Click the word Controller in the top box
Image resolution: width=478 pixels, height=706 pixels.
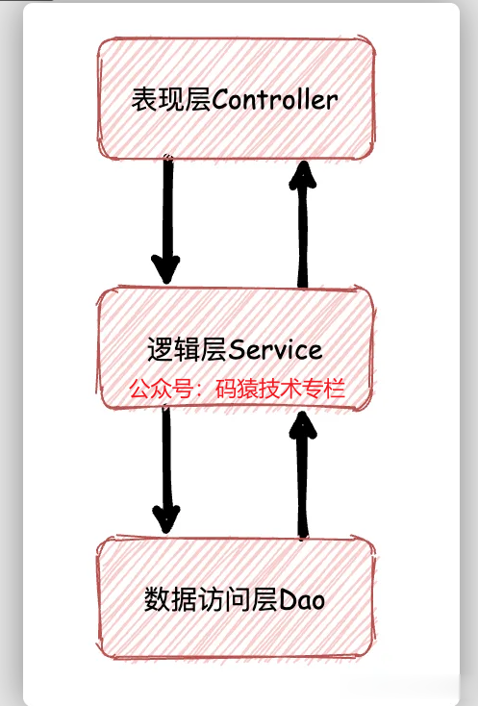click(274, 99)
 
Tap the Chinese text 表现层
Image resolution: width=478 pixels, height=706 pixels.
click(171, 99)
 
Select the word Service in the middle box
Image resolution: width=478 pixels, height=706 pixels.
click(275, 350)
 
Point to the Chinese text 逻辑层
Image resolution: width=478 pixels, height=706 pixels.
click(188, 350)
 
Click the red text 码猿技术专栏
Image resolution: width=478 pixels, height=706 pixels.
click(280, 389)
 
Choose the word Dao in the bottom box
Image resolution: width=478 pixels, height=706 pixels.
click(302, 600)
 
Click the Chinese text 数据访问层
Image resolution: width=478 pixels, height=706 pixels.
click(212, 600)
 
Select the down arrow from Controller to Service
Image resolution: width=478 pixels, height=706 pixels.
click(167, 219)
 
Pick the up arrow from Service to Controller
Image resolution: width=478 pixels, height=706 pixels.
click(303, 224)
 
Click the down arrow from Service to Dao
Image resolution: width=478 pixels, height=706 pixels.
click(166, 469)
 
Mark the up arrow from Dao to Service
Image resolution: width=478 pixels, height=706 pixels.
click(303, 474)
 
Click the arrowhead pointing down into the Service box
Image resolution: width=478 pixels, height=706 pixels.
click(166, 269)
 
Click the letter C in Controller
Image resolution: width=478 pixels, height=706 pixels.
click(220, 100)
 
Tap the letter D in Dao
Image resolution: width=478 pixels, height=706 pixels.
click(288, 600)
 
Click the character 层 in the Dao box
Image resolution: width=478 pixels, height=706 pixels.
click(265, 600)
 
